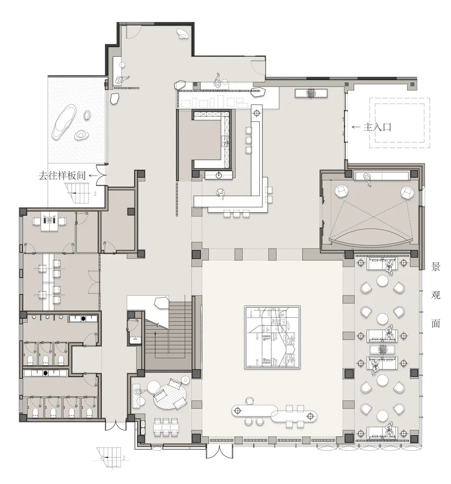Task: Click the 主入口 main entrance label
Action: (377, 127)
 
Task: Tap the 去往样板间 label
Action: (62, 176)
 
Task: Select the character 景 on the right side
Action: (435, 267)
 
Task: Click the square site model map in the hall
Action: (272, 337)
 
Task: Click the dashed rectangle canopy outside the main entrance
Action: (400, 123)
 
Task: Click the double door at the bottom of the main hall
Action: (219, 452)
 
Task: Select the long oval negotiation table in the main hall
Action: (274, 413)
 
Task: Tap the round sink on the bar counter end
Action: (219, 176)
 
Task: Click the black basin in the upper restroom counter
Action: (83, 318)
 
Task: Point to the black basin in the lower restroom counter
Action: (46, 373)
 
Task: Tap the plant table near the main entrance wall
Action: (311, 93)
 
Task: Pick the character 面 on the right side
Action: (435, 323)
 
